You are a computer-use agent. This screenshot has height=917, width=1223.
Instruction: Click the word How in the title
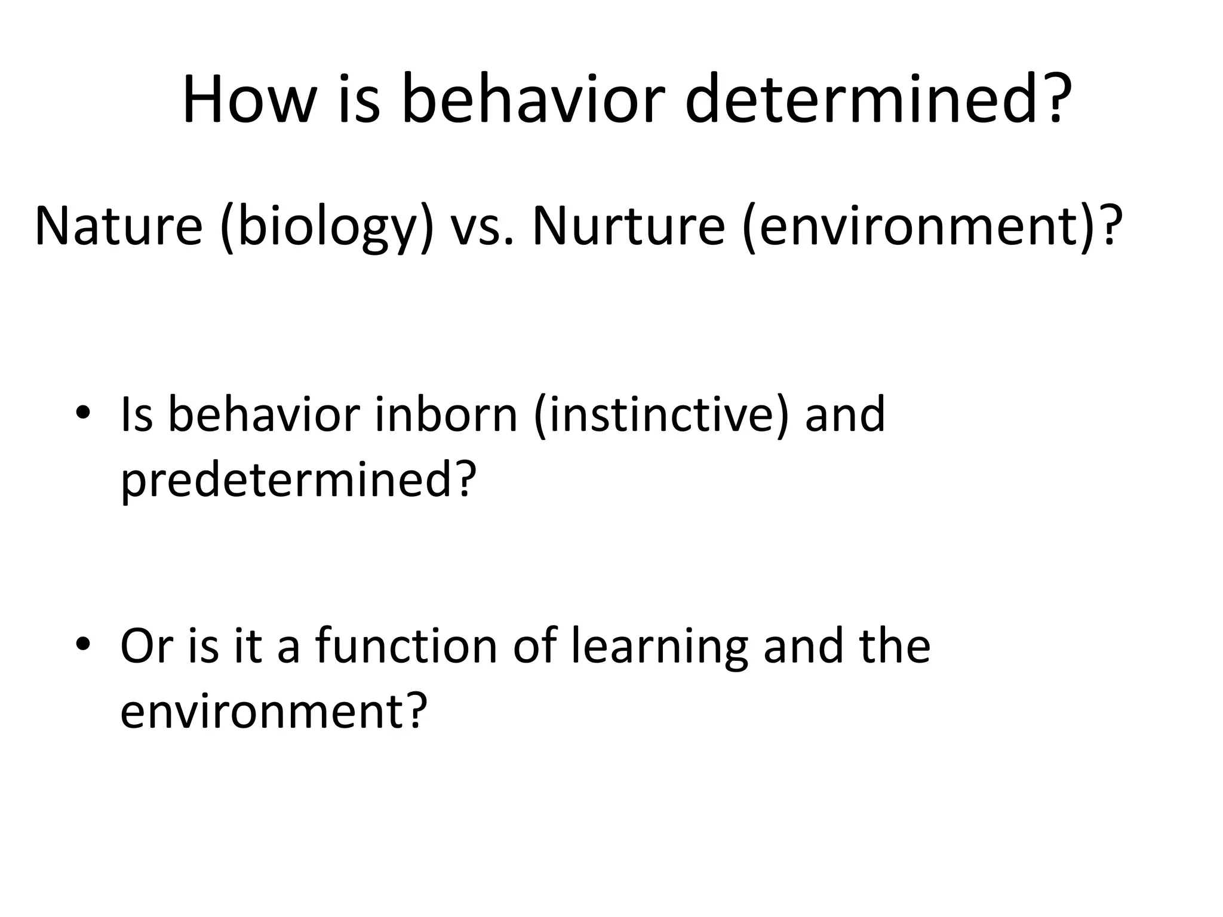click(248, 99)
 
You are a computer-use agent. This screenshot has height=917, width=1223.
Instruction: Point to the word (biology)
click(327, 227)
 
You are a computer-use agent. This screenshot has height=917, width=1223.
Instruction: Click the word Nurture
click(628, 227)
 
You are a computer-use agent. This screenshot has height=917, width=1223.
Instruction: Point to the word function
click(406, 645)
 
